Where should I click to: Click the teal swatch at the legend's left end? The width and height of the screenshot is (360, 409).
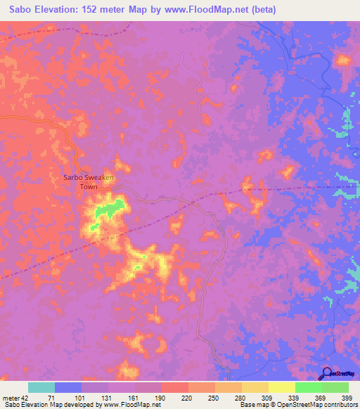tap(41, 387)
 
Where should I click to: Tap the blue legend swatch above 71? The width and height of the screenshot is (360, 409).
tap(68, 387)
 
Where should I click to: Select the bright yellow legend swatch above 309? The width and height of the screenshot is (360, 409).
tap(282, 387)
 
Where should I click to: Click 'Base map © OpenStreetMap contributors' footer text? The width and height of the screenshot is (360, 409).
tap(296, 405)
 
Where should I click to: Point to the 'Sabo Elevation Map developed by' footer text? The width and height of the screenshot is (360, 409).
tap(49, 405)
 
